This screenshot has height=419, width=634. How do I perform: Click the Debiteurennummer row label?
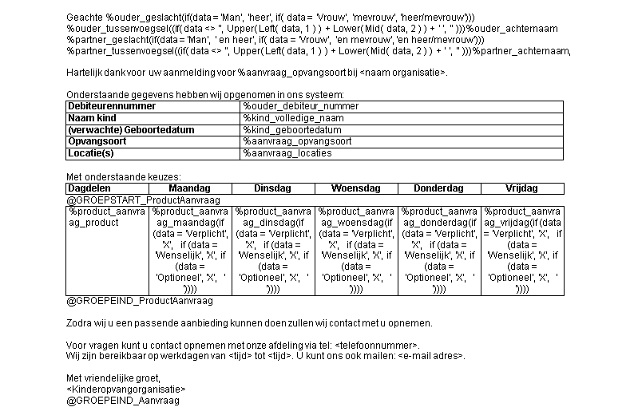(100, 106)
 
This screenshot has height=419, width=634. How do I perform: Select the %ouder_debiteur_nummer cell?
(301, 106)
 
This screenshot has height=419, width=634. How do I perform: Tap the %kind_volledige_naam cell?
(293, 118)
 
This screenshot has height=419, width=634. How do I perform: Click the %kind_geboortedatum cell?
(292, 130)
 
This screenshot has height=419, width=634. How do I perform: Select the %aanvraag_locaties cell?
(287, 153)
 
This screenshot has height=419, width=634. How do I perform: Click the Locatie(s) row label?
(91, 153)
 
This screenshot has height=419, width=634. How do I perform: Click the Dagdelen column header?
(89, 188)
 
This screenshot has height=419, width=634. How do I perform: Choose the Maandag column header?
(189, 188)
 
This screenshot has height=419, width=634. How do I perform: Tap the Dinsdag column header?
(272, 188)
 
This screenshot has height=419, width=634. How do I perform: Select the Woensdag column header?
(355, 188)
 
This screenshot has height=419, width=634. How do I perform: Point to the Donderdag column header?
(438, 188)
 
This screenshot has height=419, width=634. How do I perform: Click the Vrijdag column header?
(521, 188)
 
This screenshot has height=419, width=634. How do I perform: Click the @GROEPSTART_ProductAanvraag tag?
(143, 200)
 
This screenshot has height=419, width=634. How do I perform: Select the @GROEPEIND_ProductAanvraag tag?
(140, 301)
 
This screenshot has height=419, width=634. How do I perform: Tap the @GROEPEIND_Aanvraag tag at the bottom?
(122, 400)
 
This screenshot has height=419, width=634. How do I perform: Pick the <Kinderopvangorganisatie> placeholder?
(126, 389)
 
